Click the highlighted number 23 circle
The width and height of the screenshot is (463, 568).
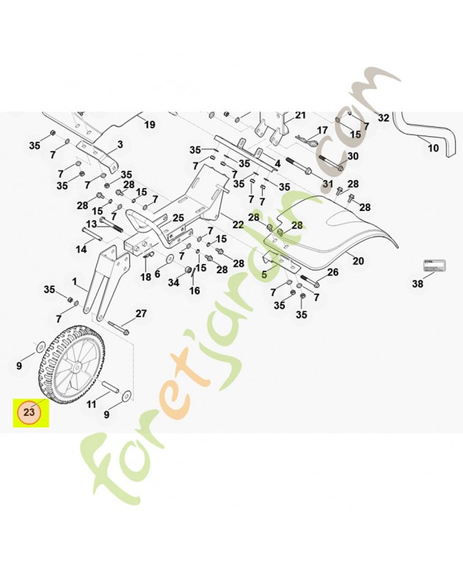pos(30,412)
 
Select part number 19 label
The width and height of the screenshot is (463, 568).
pos(149,125)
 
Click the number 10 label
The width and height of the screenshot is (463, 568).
pos(433,148)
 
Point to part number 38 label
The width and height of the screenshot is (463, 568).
pos(418,283)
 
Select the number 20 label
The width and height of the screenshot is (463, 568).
pos(358,261)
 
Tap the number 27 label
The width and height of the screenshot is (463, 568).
pos(141,314)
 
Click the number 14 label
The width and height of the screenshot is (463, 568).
pos(82,249)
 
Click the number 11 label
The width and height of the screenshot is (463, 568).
pos(92,404)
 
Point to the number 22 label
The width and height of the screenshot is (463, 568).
pos(238,224)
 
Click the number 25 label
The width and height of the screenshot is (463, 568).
pos(178,217)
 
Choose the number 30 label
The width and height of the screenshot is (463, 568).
pos(353,156)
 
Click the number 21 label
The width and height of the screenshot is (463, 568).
pos(300,116)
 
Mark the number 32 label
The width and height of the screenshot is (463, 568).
pos(383,118)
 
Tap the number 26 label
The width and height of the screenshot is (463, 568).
pos(332,273)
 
